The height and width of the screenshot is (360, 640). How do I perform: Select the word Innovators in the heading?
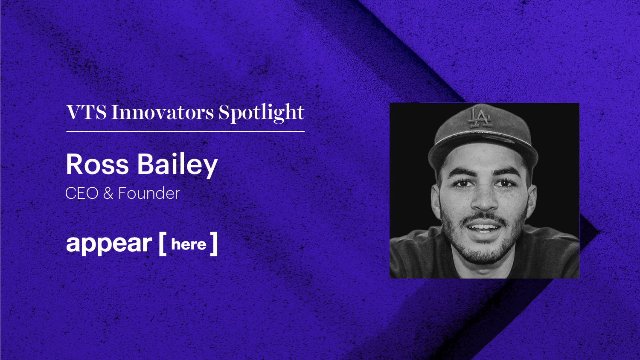coord(163,113)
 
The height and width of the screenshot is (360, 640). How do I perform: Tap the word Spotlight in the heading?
coord(262,113)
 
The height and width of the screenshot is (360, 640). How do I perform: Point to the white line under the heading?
coord(186,132)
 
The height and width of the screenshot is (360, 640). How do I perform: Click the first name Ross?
coord(97,165)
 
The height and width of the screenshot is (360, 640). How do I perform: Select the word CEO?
coord(82,194)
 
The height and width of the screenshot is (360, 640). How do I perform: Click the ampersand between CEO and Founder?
coord(108,194)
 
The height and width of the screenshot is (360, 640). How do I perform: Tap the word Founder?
coord(148,194)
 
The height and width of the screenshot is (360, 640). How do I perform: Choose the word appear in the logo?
coord(109,244)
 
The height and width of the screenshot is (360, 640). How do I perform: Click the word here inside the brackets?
coord(189,244)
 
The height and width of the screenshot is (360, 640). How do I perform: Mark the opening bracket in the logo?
coord(162,244)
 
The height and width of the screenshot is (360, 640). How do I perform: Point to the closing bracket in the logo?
coord(214,244)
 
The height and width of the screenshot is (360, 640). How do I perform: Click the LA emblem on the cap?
coord(480,118)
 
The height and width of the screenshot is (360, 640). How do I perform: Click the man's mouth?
coord(484,228)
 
